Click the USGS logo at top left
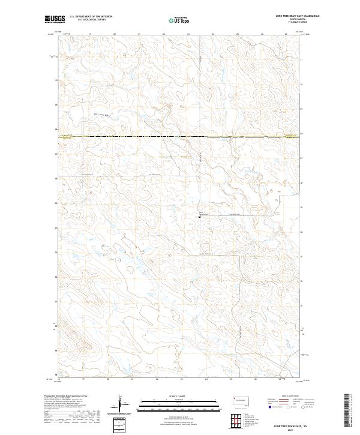(55, 19)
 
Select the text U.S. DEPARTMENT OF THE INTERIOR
(91, 17)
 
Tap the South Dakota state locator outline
(242, 400)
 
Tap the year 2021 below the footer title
(292, 430)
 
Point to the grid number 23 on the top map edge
(188, 34)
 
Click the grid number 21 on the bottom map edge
(132, 379)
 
